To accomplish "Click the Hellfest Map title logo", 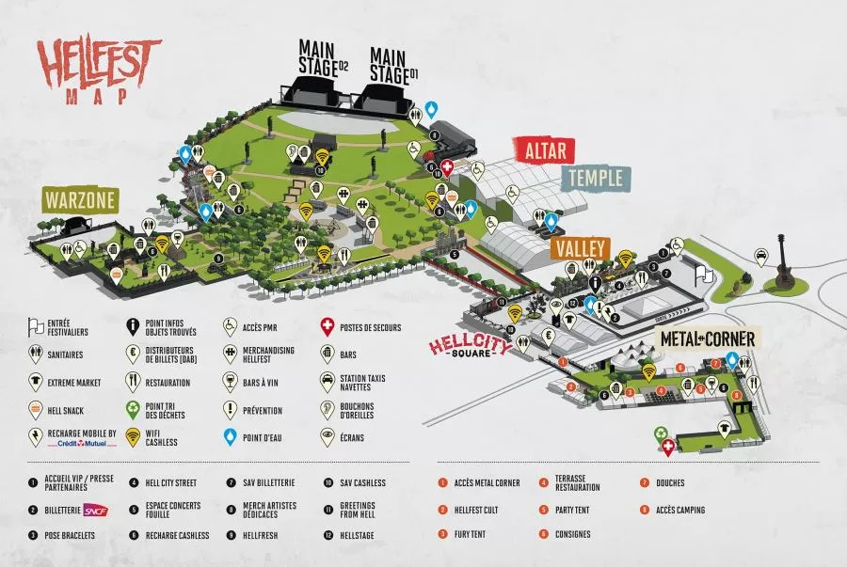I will (100, 71).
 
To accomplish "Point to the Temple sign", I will (595, 178).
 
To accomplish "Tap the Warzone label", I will (79, 199).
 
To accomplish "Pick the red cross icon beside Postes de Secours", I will (327, 326).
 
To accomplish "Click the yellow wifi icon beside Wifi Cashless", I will (133, 436).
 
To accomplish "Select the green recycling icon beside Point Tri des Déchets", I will (133, 409).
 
